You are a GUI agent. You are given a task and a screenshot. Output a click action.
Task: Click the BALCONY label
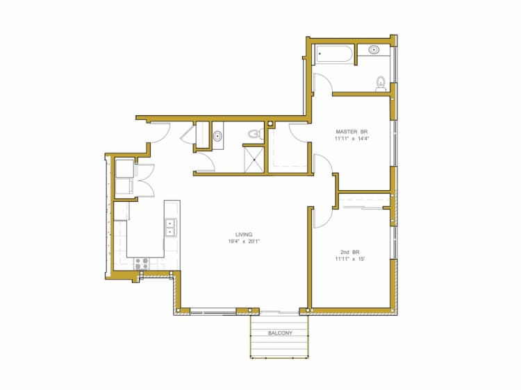(x=280, y=334)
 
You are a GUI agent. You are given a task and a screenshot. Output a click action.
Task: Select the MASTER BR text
(x=352, y=131)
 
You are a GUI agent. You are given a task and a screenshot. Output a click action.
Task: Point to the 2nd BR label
(x=349, y=251)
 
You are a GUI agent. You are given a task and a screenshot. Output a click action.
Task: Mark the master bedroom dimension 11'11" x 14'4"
(x=352, y=139)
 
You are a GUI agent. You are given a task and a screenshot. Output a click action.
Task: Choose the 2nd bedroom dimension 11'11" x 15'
(x=349, y=258)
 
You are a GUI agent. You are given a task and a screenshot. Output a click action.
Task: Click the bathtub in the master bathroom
(x=334, y=54)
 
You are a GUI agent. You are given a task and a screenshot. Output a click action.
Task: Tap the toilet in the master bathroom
(x=380, y=83)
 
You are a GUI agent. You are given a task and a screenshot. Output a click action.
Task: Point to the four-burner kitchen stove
(x=142, y=264)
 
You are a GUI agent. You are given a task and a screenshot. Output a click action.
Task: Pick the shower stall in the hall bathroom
(x=254, y=157)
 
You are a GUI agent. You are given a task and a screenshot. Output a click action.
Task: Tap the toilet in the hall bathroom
(x=254, y=133)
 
